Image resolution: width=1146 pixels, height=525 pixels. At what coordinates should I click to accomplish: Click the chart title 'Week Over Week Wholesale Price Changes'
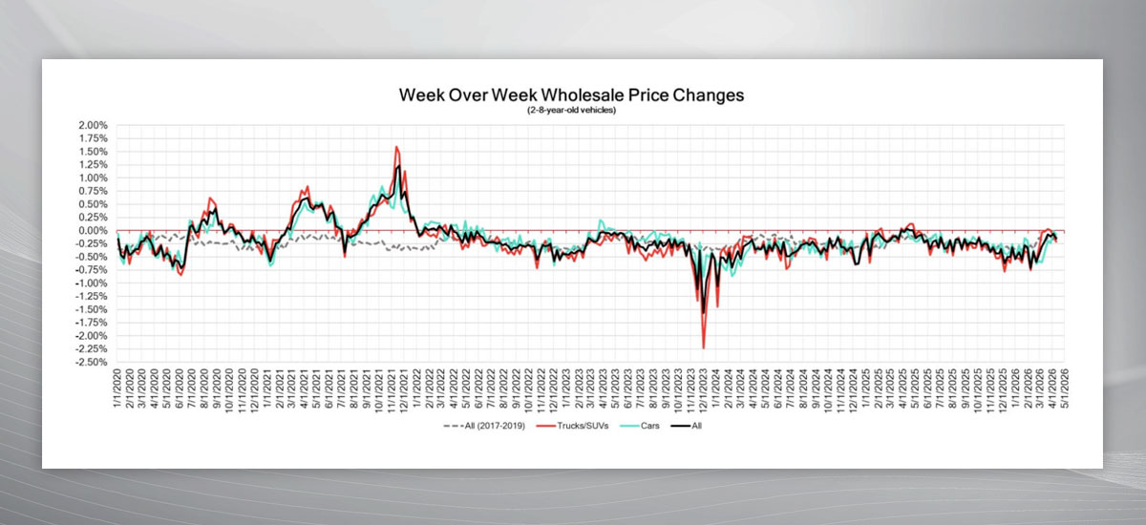571,95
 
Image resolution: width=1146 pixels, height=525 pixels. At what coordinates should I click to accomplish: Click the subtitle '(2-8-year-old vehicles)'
571,111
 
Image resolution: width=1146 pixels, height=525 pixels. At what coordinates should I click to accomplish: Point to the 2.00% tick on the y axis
94,125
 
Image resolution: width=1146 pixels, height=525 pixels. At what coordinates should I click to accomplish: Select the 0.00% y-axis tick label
94,230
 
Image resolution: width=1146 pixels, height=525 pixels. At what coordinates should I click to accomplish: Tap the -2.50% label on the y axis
92,363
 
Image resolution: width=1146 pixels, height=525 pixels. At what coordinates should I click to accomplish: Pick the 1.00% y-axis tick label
94,178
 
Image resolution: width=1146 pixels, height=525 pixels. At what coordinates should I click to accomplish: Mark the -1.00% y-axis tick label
92,283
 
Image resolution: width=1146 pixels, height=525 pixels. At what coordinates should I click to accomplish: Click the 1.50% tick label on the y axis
94,151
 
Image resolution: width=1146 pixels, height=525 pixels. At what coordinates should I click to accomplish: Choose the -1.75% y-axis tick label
92,323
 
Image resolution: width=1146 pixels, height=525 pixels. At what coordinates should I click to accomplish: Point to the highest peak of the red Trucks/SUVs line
396,147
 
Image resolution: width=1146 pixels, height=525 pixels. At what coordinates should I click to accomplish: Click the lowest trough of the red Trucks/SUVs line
704,348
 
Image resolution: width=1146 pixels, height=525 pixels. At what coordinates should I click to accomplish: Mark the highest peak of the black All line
397,167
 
